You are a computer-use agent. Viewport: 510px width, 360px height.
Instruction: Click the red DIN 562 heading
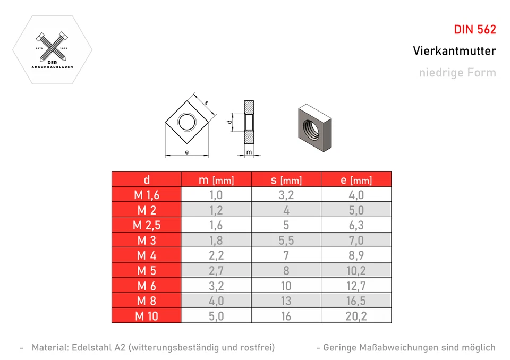point(474,30)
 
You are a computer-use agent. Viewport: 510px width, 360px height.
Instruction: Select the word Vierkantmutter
point(454,51)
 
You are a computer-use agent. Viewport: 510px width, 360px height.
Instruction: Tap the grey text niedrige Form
point(457,73)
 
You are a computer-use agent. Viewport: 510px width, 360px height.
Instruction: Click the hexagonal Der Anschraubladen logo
point(52,49)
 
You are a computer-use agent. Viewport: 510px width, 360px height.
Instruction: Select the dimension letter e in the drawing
point(186,152)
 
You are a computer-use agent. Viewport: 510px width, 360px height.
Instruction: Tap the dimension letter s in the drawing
point(206,102)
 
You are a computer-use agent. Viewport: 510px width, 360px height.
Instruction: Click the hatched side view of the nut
point(249,122)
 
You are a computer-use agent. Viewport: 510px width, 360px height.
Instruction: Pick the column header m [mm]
point(216,180)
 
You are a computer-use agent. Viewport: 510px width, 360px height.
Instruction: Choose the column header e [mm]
point(356,180)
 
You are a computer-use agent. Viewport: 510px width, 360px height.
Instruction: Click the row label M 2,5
point(146,225)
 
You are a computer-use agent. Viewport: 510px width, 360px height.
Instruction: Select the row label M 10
point(146,316)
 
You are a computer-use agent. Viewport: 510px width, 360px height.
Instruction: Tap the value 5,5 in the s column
point(286,241)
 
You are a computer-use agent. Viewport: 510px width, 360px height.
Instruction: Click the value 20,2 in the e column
point(356,316)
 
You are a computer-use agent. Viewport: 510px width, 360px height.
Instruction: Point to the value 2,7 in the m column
point(216,271)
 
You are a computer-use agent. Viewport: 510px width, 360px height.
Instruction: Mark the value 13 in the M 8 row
point(286,301)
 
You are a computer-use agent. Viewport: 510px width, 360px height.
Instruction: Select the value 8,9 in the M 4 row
point(356,255)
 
